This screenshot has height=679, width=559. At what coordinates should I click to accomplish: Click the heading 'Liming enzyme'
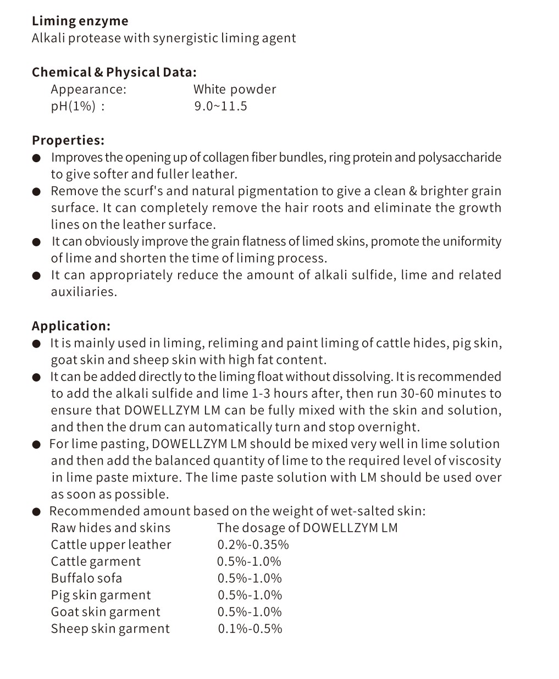80,21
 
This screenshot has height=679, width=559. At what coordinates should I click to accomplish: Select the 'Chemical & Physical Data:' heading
114,73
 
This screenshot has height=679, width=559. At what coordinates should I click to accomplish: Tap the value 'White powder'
234,90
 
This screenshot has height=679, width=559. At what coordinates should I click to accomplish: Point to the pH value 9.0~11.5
220,106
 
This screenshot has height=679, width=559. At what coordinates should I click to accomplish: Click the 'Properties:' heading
68,140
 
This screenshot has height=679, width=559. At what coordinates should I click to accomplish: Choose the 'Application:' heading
71,326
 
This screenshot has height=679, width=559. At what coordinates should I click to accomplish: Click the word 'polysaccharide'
460,158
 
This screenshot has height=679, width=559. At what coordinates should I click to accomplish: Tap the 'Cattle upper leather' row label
111,545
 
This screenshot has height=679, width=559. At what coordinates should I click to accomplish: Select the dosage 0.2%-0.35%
253,545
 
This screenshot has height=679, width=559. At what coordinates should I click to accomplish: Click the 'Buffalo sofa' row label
86,578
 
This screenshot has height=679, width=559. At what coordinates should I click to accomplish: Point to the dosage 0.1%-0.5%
250,629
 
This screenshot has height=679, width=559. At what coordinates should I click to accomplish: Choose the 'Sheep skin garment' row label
110,629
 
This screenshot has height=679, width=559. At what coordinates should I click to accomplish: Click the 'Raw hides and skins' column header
110,528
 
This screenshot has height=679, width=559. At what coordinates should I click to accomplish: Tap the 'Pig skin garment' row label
101,595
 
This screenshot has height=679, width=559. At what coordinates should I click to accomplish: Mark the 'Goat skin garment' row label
106,612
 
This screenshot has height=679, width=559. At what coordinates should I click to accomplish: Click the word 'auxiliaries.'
84,292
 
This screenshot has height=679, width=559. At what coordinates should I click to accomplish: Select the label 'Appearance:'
88,90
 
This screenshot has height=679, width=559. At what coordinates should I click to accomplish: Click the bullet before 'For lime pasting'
37,445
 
